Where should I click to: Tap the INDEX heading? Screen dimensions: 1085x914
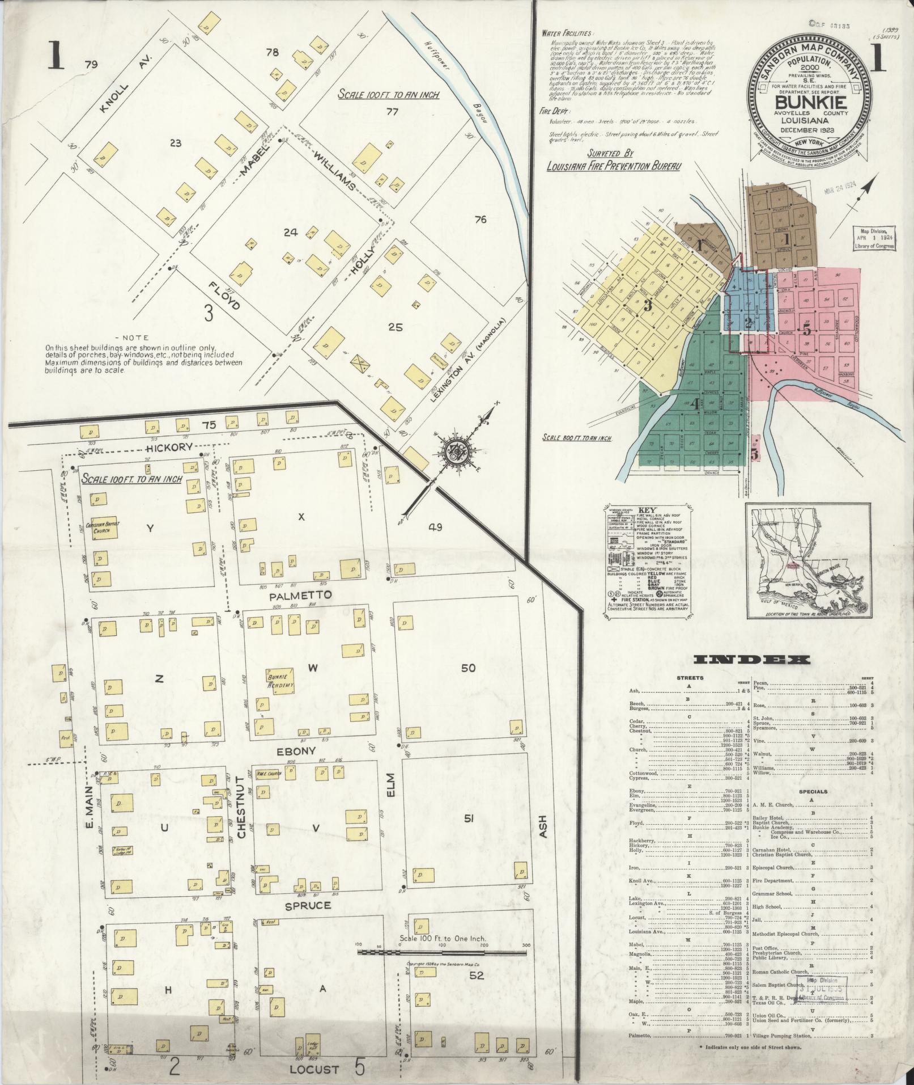pyautogui.click(x=752, y=660)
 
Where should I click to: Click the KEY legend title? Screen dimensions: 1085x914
pyautogui.click(x=646, y=510)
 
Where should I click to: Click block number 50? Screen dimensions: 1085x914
pyautogui.click(x=468, y=668)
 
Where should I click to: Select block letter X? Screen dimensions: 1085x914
pyautogui.click(x=301, y=517)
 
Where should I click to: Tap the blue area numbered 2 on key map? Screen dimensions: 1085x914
pyautogui.click(x=748, y=324)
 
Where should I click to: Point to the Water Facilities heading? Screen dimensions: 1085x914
pyautogui.click(x=567, y=33)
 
